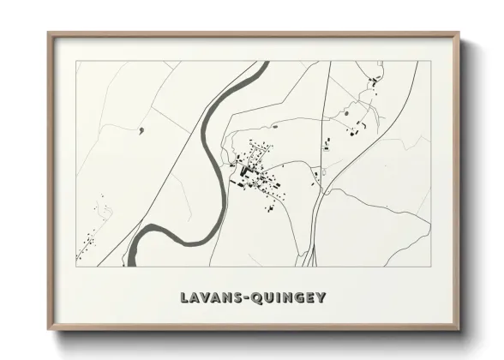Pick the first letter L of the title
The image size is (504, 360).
185,298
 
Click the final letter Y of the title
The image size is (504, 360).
321,298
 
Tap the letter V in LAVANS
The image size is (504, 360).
206,298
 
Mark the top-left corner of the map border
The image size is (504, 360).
77,63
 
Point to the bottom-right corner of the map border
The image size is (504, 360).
429,265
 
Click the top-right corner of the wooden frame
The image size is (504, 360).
460,33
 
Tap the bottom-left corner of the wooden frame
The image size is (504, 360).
48,330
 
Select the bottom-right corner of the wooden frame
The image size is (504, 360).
460,330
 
